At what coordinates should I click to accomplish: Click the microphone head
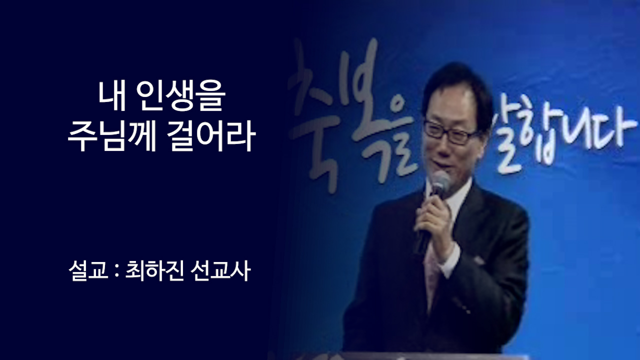coord(440,183)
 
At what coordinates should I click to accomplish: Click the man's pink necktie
coord(431,270)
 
